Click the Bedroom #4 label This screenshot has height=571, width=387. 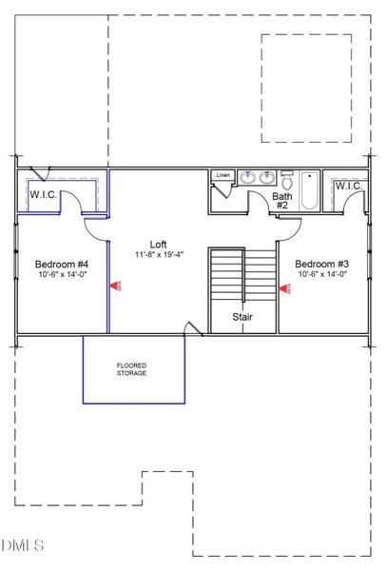[x=62, y=264]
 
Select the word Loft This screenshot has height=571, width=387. [x=158, y=243]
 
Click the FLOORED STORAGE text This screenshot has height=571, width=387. [x=132, y=370]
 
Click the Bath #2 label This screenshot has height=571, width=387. [x=281, y=201]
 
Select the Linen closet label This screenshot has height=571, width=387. [x=223, y=176]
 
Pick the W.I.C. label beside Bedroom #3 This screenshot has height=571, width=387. [x=346, y=186]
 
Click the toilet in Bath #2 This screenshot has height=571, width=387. [x=287, y=178]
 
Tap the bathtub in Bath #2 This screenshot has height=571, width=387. [x=311, y=190]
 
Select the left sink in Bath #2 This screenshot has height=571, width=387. [x=248, y=177]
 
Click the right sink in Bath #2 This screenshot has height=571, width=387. [x=268, y=177]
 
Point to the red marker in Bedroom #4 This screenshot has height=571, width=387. [x=114, y=284]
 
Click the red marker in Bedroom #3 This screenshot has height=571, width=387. [x=283, y=284]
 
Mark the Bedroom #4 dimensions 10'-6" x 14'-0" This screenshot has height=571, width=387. [x=62, y=275]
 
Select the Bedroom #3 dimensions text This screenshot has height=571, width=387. [x=320, y=275]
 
